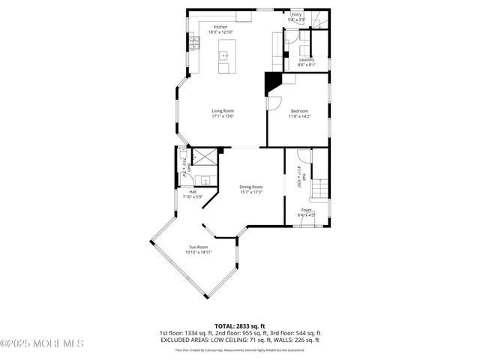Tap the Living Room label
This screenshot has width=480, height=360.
pyautogui.click(x=223, y=111)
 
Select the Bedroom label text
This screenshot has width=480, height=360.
pyautogui.click(x=299, y=111)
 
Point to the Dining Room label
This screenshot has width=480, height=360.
pyautogui.click(x=251, y=187)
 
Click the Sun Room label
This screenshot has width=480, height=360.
pyautogui.click(x=198, y=247)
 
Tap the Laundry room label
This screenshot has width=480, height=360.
pyautogui.click(x=306, y=60)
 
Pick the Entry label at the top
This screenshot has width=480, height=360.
pyautogui.click(x=297, y=14)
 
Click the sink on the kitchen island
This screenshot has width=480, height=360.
pyautogui.click(x=224, y=55)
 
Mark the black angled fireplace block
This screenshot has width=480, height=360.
pyautogui.click(x=272, y=82)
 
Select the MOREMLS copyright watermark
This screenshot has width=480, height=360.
pyautogui.click(x=42, y=344)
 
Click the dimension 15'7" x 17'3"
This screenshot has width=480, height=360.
pyautogui.click(x=251, y=192)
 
